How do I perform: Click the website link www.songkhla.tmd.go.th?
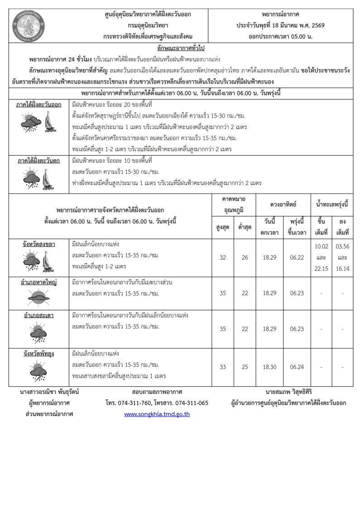(x=157, y=413)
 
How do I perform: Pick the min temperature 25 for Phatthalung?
(x=245, y=367)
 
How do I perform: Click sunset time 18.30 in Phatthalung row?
(x=270, y=367)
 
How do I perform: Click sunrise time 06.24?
(x=297, y=367)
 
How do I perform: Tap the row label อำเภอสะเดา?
(x=38, y=315)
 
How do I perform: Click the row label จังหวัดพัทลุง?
(x=38, y=353)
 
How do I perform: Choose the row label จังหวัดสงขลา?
(x=39, y=244)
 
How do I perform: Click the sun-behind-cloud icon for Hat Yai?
(x=38, y=297)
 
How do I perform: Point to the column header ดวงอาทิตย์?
(x=283, y=204)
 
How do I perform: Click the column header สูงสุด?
(x=223, y=227)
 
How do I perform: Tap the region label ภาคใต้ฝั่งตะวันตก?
(x=38, y=161)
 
